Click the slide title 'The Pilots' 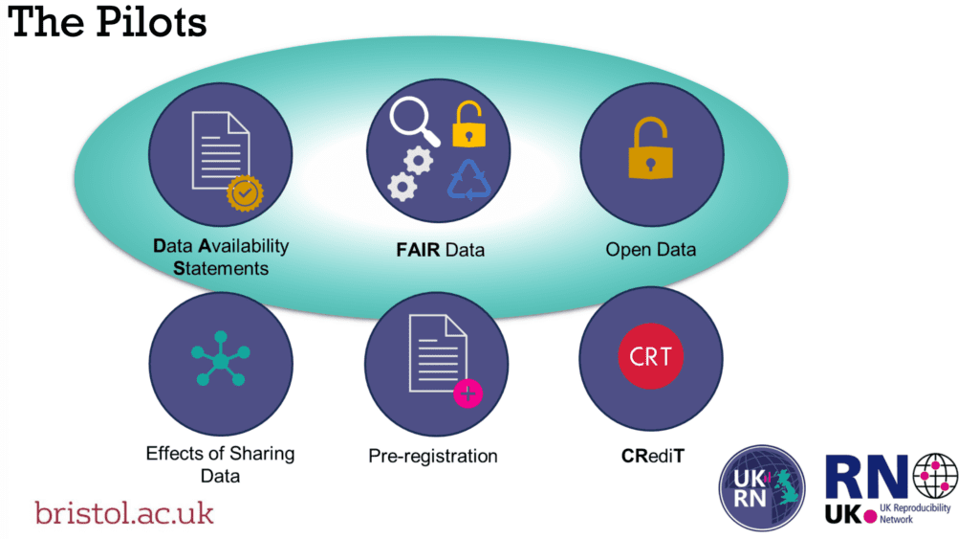tap(107, 22)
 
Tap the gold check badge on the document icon tap(245, 193)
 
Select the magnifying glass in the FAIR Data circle tap(414, 122)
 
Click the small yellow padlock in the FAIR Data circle tap(468, 124)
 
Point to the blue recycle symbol tap(468, 180)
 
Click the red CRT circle tap(650, 356)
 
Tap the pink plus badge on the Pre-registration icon tap(468, 393)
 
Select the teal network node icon tap(221, 359)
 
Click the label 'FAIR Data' tap(440, 250)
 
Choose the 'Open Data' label tap(650, 250)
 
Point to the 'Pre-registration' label tap(433, 456)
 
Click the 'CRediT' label tap(652, 456)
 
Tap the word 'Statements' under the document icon tap(221, 268)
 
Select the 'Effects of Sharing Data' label tap(221, 464)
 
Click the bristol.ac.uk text tap(124, 513)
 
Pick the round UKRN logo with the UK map tap(762, 487)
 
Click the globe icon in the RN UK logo tap(935, 477)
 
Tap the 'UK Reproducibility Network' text tap(915, 513)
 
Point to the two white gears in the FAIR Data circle tap(409, 173)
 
